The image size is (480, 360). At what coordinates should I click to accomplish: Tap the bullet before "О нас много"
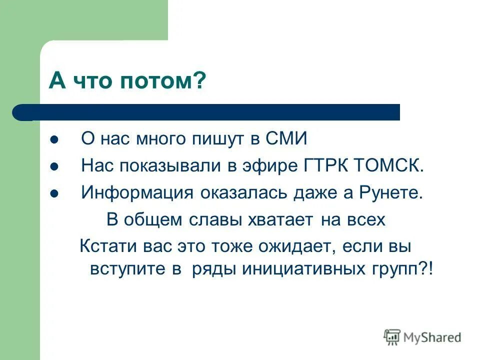click(55, 139)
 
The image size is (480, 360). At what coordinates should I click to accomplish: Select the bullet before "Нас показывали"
click(55, 166)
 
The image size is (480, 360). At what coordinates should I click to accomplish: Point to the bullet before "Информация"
click(55, 193)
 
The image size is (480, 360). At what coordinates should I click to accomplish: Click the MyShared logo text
click(432, 337)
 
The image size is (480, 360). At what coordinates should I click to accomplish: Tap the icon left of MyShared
click(392, 337)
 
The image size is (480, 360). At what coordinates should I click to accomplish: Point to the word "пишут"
click(220, 139)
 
